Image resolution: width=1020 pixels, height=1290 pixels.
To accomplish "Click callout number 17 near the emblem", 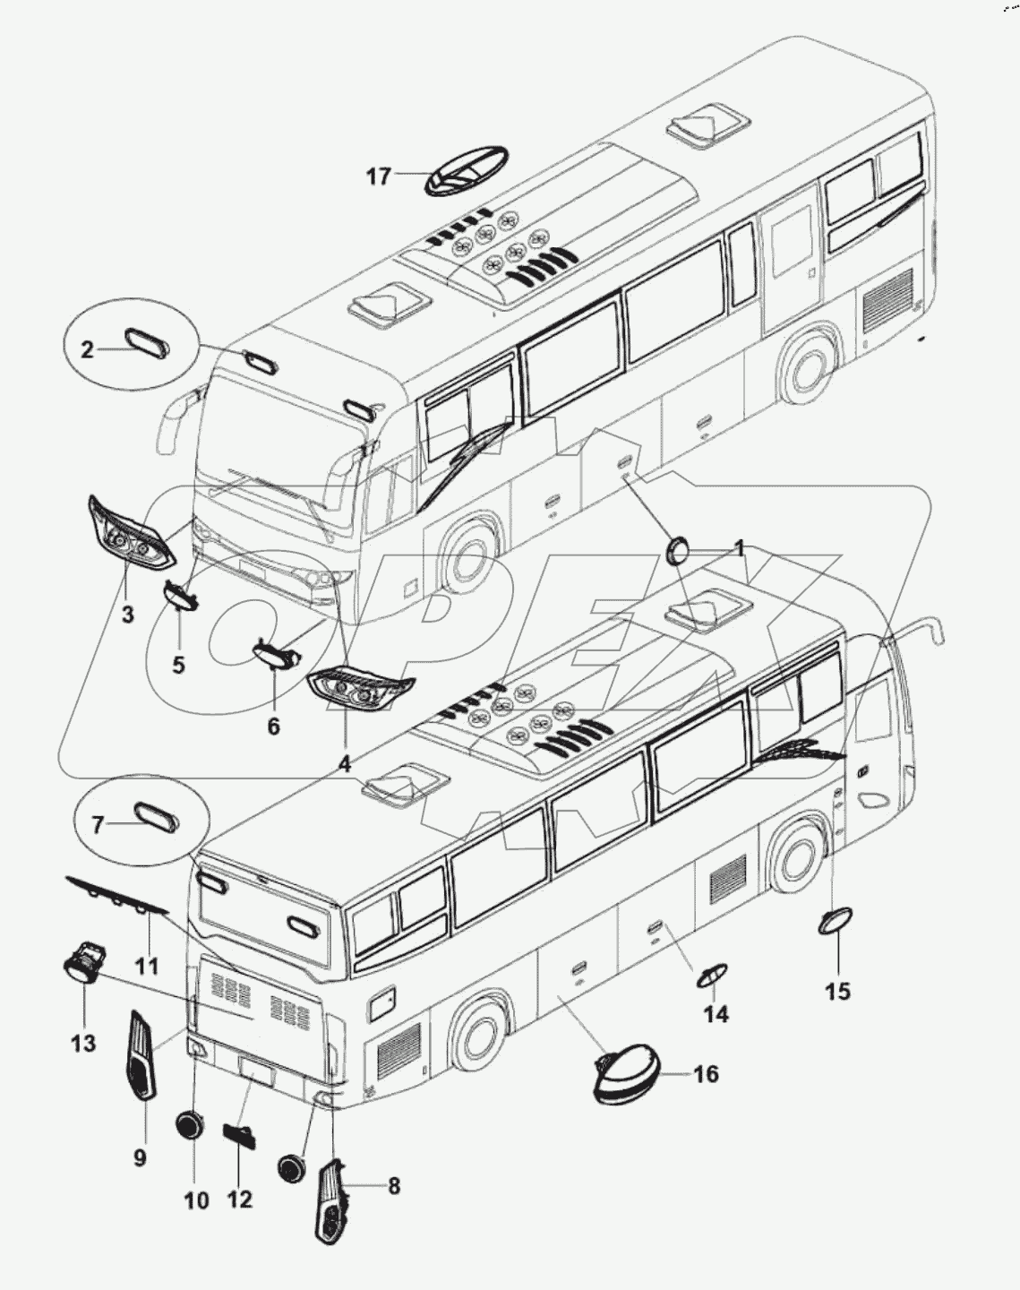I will [378, 176].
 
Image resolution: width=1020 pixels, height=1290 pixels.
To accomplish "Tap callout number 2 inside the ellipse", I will [87, 350].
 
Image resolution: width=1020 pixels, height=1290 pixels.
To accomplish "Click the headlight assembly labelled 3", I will [128, 534].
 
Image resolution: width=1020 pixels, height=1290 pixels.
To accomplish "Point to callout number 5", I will [178, 666].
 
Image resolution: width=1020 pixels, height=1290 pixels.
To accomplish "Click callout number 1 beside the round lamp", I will [740, 547].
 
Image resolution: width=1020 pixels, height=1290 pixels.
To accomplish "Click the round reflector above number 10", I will [190, 1125].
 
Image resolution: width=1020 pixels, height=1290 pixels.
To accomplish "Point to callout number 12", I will [239, 1199].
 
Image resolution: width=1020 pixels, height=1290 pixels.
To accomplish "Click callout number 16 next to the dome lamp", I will [706, 1073].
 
